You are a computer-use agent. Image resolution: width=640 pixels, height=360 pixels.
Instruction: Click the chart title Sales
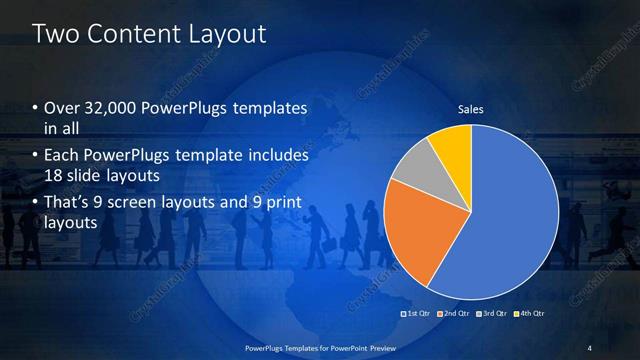[470, 109]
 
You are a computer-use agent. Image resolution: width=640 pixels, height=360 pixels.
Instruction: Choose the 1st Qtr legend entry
[418, 314]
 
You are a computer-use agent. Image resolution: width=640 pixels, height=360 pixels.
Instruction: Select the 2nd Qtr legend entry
[455, 314]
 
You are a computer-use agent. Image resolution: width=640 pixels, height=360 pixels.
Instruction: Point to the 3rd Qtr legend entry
[492, 314]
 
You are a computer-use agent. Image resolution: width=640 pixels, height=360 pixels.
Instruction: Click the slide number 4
[590, 347]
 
